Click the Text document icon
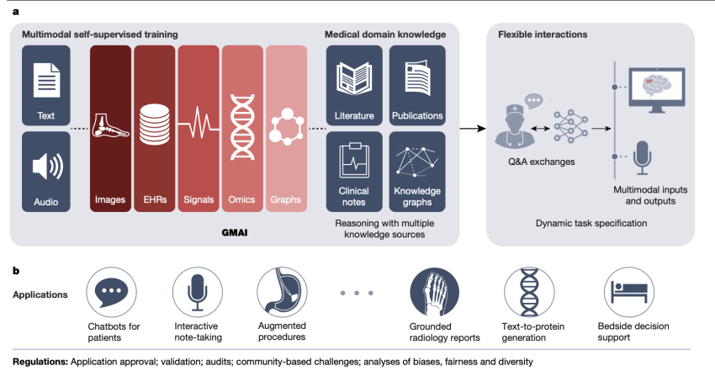point(46,80)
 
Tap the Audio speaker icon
point(47,167)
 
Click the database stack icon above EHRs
point(154,125)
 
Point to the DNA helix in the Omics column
point(242,127)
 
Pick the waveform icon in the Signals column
point(199,123)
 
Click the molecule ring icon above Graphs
point(286,127)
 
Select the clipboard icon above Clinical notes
point(354,161)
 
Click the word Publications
point(417,116)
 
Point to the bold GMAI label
point(235,232)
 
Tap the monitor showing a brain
point(657,90)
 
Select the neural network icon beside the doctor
point(570,126)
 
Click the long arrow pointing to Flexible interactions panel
point(473,129)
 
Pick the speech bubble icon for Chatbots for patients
point(111,292)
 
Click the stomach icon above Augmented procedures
point(282,292)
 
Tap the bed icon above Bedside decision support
point(629,292)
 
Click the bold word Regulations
point(40,362)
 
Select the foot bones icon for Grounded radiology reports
point(434,292)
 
